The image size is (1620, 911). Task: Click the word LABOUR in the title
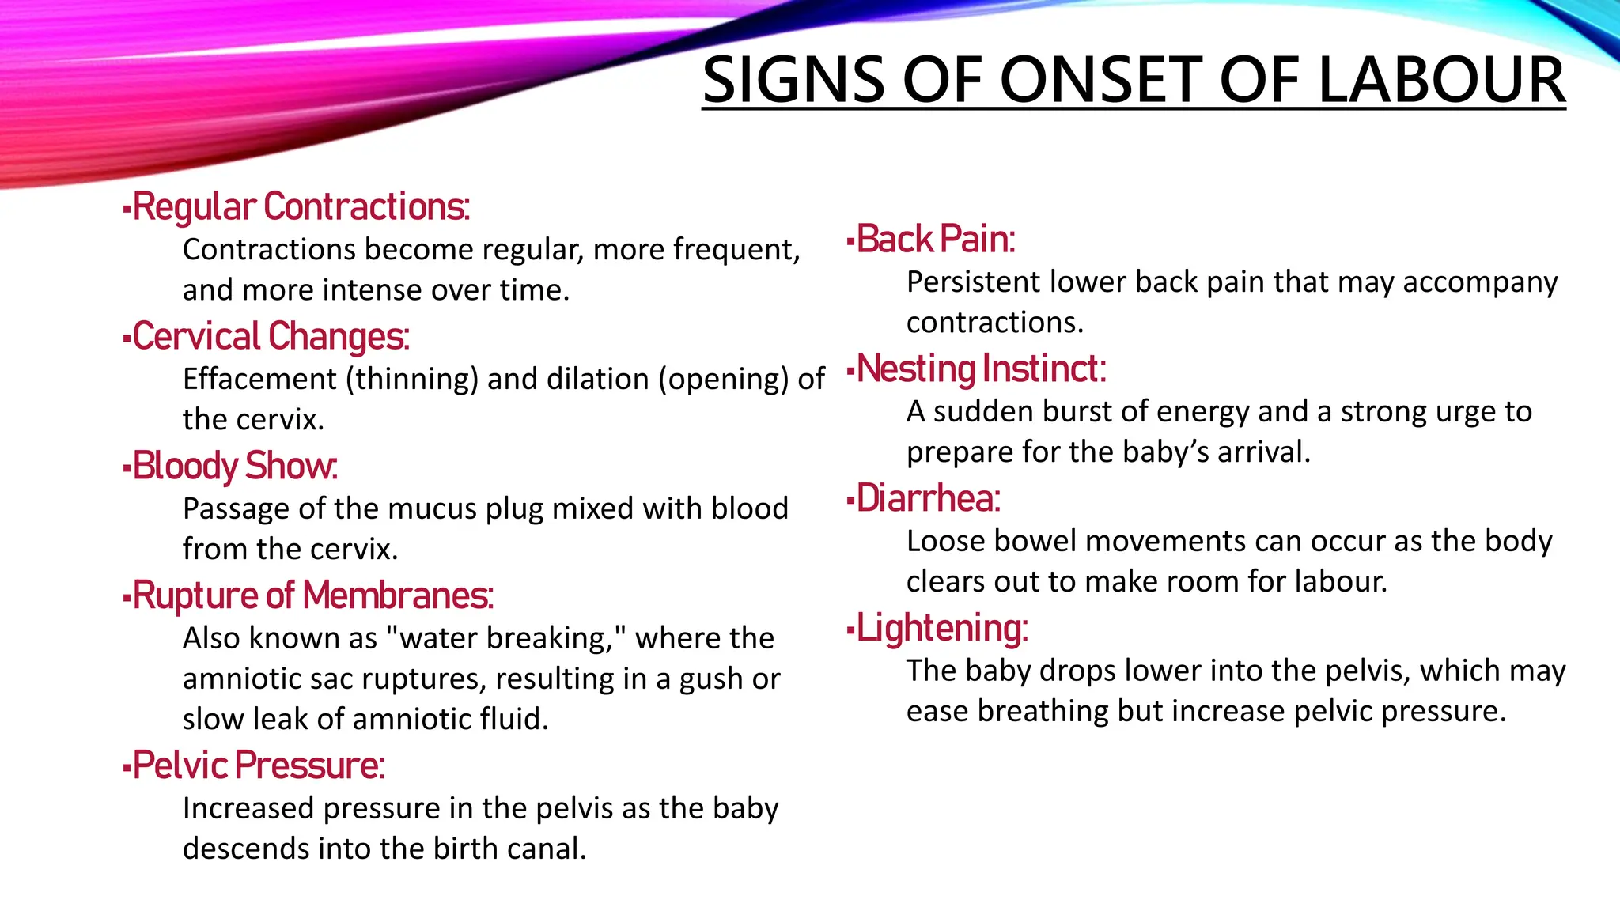(x=1441, y=81)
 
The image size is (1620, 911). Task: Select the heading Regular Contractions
(x=301, y=207)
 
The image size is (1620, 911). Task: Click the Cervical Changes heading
(x=271, y=337)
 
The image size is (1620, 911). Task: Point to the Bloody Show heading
(x=235, y=467)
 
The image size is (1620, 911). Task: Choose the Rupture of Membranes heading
(x=313, y=596)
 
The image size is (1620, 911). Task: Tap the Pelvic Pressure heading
(x=259, y=765)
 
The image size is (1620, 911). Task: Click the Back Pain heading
(x=936, y=240)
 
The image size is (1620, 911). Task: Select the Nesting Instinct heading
(x=982, y=369)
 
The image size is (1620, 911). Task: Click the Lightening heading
(x=942, y=629)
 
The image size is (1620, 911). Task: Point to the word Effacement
(x=259, y=380)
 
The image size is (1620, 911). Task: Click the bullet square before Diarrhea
(x=850, y=500)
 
